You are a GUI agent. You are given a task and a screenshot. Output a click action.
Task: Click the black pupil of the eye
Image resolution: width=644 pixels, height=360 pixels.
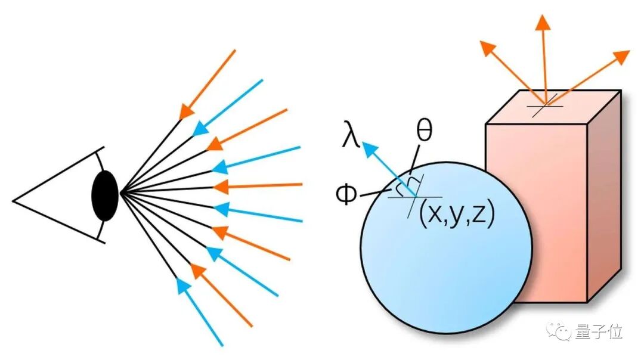(x=105, y=194)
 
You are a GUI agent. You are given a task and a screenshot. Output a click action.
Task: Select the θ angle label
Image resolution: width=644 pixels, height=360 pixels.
(x=424, y=132)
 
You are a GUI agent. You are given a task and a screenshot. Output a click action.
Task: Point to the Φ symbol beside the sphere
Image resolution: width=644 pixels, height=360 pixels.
(x=345, y=195)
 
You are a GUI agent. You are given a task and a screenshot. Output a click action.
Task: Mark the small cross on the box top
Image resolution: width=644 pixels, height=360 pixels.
(x=544, y=108)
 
